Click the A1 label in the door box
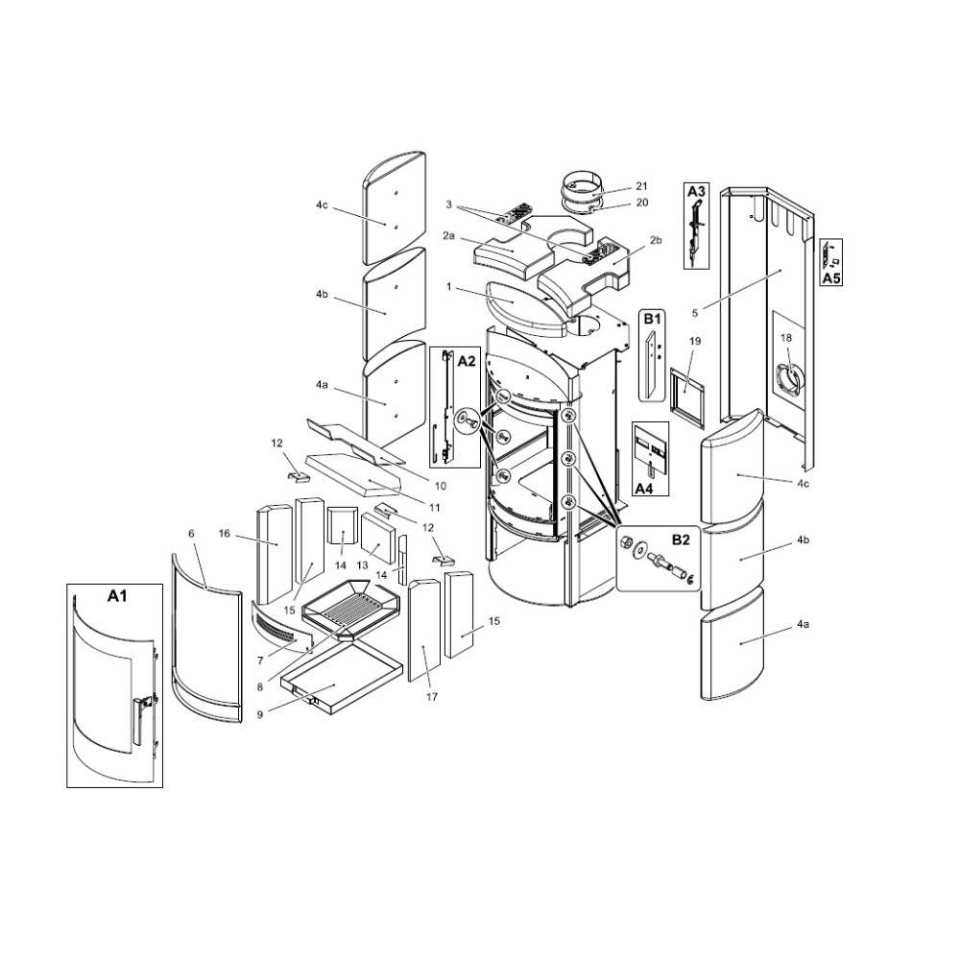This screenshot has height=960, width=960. tap(117, 596)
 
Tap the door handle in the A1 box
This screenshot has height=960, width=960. tap(141, 720)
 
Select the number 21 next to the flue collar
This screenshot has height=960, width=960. tap(641, 186)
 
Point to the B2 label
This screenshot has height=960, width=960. tap(681, 540)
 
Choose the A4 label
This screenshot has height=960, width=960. tap(645, 489)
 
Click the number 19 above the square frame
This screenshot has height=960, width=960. tap(694, 341)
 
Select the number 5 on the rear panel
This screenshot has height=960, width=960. tap(695, 314)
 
